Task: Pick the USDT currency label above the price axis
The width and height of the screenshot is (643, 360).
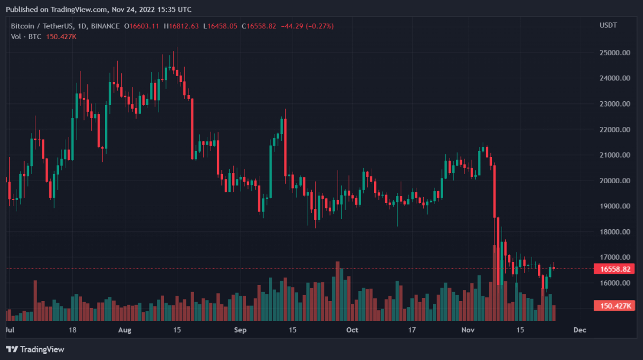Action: point(608,25)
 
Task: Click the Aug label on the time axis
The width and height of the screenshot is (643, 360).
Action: point(124,330)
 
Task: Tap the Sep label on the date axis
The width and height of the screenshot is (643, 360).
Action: point(240,330)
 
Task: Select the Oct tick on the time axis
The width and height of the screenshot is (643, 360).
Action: point(352,330)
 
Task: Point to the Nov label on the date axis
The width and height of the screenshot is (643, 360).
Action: point(468,330)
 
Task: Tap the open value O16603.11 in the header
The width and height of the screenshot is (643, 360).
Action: point(141,26)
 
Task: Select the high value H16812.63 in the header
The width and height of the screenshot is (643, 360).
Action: point(181,26)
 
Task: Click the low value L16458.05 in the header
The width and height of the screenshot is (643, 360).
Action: point(220,26)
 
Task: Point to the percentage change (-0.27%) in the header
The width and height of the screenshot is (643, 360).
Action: point(320,26)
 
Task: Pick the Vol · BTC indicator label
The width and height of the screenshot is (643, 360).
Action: point(27,36)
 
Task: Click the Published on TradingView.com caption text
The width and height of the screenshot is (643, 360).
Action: point(98,9)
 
